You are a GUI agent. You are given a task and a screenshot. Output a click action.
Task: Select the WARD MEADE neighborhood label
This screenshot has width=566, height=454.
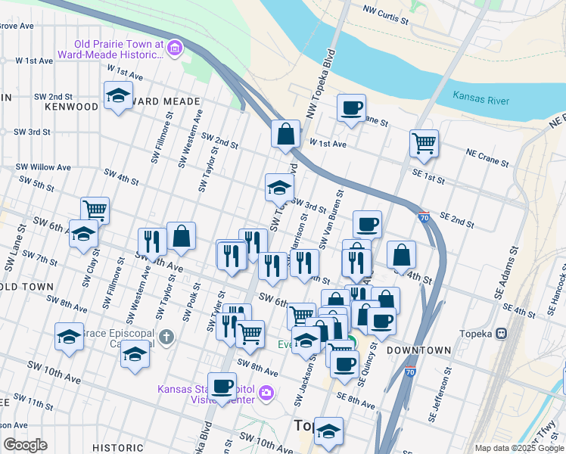[x=167, y=101]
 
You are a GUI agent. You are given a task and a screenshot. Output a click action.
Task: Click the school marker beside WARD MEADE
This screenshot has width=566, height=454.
[x=117, y=96]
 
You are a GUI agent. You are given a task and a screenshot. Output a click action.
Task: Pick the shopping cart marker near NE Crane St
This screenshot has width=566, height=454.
[x=424, y=142]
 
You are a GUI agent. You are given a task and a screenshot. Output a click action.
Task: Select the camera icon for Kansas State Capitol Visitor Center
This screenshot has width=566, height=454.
[x=265, y=392]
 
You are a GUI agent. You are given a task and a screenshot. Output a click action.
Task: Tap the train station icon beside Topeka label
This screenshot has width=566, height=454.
[x=500, y=334]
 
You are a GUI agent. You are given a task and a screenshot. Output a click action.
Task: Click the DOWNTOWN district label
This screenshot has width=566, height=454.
[x=418, y=351]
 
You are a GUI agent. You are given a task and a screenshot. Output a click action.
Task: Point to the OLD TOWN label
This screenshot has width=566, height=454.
[x=27, y=287]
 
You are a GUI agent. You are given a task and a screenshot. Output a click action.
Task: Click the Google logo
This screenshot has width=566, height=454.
[x=25, y=445]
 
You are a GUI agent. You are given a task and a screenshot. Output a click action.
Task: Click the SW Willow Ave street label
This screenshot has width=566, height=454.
[x=45, y=167]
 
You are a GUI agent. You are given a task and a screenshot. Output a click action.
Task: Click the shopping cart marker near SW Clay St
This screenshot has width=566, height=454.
[x=95, y=210]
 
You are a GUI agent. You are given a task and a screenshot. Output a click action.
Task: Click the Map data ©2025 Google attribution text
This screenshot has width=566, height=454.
[x=518, y=448]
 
